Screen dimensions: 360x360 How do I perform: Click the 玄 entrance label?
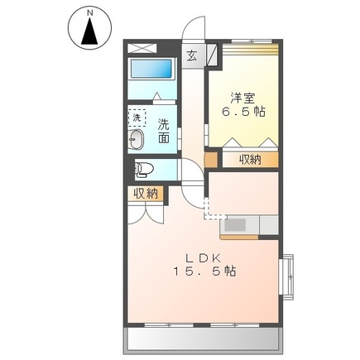click(x=192, y=56)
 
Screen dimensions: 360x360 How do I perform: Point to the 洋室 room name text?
click(x=240, y=94)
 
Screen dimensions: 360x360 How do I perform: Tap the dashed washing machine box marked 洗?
click(x=137, y=117)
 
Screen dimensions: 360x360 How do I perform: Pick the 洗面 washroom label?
click(x=165, y=132)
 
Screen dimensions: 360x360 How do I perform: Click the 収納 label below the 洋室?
click(x=250, y=159)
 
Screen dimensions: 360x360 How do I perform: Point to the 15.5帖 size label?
click(x=204, y=271)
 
